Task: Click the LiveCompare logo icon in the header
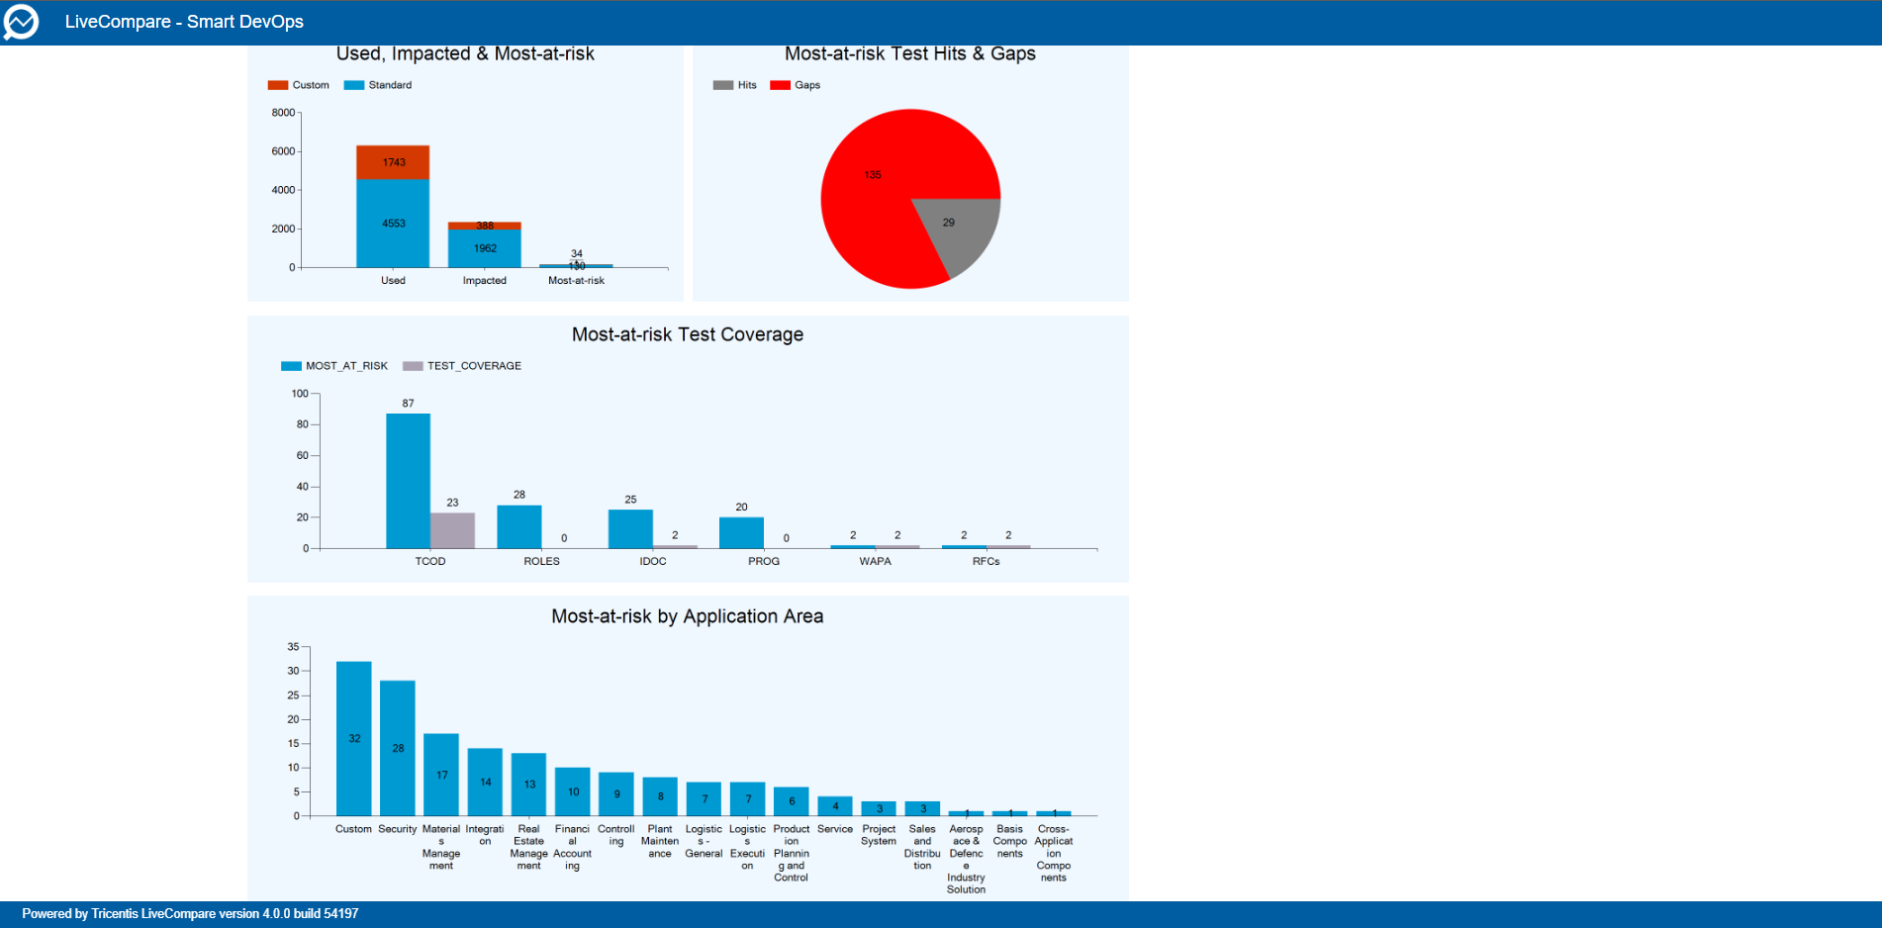tap(21, 22)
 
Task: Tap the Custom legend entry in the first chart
tap(299, 85)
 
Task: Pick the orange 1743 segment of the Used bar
tap(393, 162)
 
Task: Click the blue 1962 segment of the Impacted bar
tap(484, 248)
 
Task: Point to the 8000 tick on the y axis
tap(284, 113)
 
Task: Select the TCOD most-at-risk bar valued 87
tap(408, 481)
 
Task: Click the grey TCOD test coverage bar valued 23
tap(452, 530)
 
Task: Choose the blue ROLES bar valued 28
tap(518, 526)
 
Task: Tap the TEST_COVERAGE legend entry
tap(462, 366)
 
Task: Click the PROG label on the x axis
tap(763, 561)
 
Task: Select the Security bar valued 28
tap(397, 748)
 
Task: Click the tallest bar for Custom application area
tap(353, 738)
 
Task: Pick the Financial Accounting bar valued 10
tap(572, 791)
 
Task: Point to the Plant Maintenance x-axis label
tap(659, 841)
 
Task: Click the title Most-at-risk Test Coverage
tap(687, 334)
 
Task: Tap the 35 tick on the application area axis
tap(293, 647)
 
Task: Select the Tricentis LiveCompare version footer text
tap(190, 913)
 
